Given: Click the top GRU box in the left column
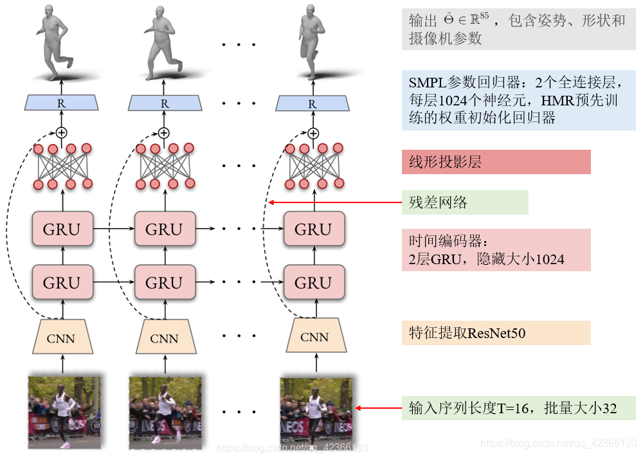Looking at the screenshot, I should pos(62,229).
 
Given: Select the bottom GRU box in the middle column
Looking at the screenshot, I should pos(164,283).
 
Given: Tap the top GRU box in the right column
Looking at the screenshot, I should pos(313,229).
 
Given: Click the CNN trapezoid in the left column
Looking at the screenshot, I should pos(62,337).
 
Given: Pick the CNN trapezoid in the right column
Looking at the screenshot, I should pos(314,337).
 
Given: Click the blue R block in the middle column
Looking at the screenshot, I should pos(164,103).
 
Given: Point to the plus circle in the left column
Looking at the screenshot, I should pos(62,133).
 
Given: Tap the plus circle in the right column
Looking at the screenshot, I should pos(313,133).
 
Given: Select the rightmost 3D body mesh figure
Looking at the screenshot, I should pos(311,42).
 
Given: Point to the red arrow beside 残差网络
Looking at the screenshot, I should pos(334,203).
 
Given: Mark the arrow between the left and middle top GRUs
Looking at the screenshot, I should pos(113,229).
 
